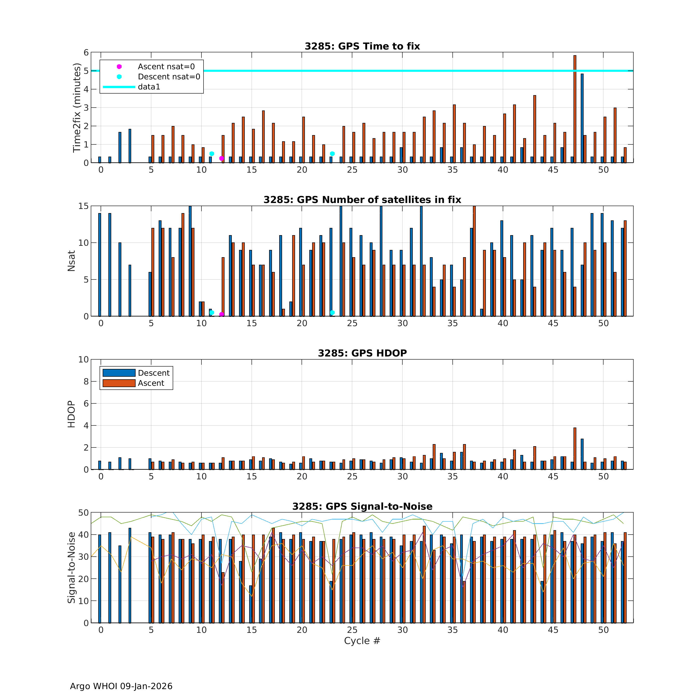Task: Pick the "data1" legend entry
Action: [149, 87]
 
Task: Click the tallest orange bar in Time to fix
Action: [575, 109]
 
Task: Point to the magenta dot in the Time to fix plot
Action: [221, 158]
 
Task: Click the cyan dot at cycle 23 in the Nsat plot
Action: [332, 313]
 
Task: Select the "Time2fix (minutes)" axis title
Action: [76, 108]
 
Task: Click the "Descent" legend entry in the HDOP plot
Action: [154, 373]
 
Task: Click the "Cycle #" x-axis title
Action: [362, 651]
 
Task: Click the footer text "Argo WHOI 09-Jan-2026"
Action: [121, 686]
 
